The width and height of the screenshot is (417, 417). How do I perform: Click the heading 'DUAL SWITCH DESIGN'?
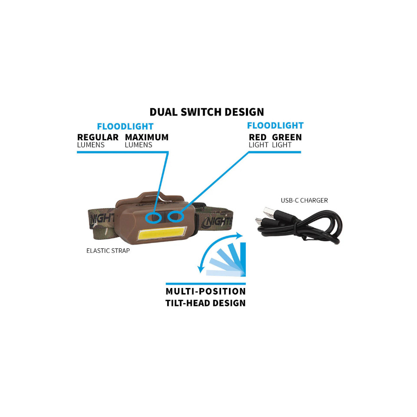(207, 112)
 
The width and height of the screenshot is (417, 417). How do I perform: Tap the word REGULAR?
(98, 137)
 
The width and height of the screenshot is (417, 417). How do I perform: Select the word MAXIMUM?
(147, 137)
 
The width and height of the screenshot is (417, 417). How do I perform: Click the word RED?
(258, 137)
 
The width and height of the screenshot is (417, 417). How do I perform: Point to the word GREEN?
(287, 137)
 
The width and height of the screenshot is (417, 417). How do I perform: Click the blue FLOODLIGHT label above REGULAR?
(125, 126)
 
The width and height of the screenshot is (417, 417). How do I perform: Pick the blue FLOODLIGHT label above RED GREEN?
(275, 125)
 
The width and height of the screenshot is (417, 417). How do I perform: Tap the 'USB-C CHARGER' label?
(304, 200)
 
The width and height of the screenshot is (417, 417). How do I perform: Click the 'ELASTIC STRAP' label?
(108, 251)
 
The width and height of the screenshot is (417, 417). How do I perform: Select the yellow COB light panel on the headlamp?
(162, 233)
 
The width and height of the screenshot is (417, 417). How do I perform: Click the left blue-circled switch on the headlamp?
(153, 218)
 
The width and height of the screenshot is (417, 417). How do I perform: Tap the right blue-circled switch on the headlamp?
(175, 216)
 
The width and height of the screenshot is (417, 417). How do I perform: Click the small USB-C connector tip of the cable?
(258, 221)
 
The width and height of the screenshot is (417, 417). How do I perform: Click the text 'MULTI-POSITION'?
(205, 291)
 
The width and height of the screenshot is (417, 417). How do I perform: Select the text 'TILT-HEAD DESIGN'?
(205, 303)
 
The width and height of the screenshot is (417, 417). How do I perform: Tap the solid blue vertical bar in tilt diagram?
(243, 259)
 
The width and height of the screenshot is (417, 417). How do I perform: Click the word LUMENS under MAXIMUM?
(139, 145)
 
